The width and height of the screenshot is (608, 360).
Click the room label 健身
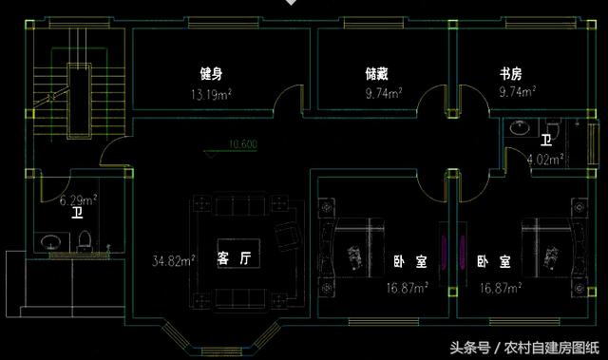211,73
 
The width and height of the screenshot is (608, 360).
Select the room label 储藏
377,73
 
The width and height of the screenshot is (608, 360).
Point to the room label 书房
511,73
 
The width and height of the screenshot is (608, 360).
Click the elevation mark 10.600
242,145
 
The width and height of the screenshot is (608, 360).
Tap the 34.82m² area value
174,258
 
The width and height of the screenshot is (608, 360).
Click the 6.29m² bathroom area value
79,200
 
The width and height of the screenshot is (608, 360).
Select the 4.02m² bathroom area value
545,159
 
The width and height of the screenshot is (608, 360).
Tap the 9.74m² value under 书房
516,94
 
